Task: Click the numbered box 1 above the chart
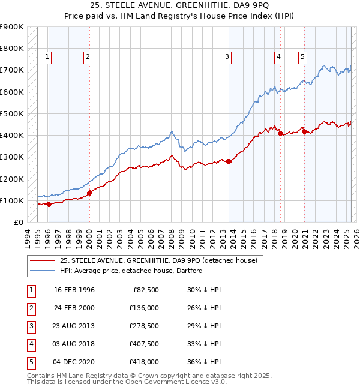coord(47,57)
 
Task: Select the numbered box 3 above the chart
coord(227,57)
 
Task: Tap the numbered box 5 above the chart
coord(302,57)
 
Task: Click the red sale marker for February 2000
coord(89,193)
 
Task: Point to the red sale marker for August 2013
coord(229,161)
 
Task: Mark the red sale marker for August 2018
coord(280,133)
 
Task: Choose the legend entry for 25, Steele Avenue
coord(158,260)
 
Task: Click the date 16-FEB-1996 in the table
coord(74,290)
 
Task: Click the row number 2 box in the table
coord(31,308)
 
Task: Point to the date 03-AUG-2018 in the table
coord(74,344)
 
